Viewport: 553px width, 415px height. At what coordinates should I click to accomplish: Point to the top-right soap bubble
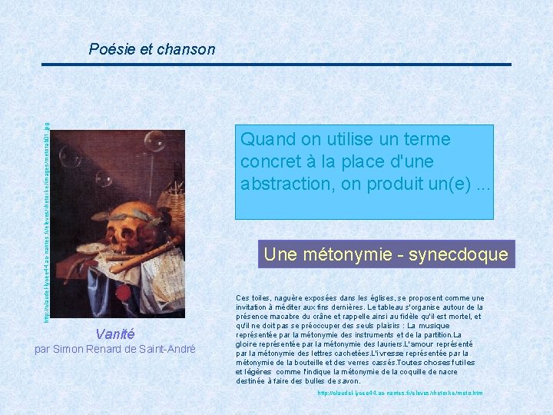[155, 141]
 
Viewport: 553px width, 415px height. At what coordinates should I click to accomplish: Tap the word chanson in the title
[186, 50]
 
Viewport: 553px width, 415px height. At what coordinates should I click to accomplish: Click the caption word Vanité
[114, 334]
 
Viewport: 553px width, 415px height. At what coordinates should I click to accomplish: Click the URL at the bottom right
[400, 393]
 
